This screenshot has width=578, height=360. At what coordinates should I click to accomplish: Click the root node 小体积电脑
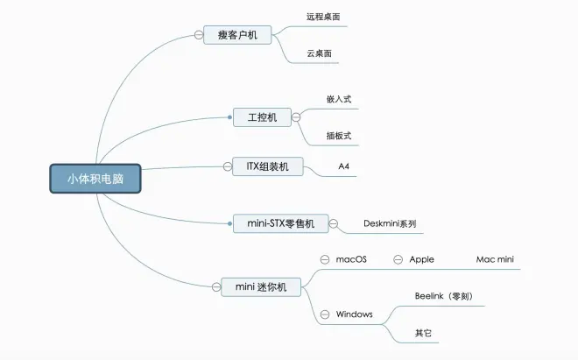95,179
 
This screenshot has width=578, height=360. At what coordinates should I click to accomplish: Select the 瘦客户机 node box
237,35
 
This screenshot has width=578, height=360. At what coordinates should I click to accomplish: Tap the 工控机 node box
261,116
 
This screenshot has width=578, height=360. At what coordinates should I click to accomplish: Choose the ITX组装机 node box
267,166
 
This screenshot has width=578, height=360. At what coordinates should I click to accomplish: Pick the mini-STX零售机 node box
280,223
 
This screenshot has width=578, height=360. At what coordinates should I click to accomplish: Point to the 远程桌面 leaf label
323,17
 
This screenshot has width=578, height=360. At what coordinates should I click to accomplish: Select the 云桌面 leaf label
318,54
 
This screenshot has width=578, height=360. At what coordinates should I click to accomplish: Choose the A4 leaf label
344,166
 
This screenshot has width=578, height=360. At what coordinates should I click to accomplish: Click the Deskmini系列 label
390,223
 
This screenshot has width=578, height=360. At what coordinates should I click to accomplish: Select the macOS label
351,259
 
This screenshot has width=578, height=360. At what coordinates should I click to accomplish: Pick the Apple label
422,259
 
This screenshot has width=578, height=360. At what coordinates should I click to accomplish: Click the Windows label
354,314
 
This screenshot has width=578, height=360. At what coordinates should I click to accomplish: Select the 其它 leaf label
423,333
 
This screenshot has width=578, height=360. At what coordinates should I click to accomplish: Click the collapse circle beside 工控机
296,116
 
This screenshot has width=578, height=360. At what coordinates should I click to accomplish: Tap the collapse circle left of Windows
325,314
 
